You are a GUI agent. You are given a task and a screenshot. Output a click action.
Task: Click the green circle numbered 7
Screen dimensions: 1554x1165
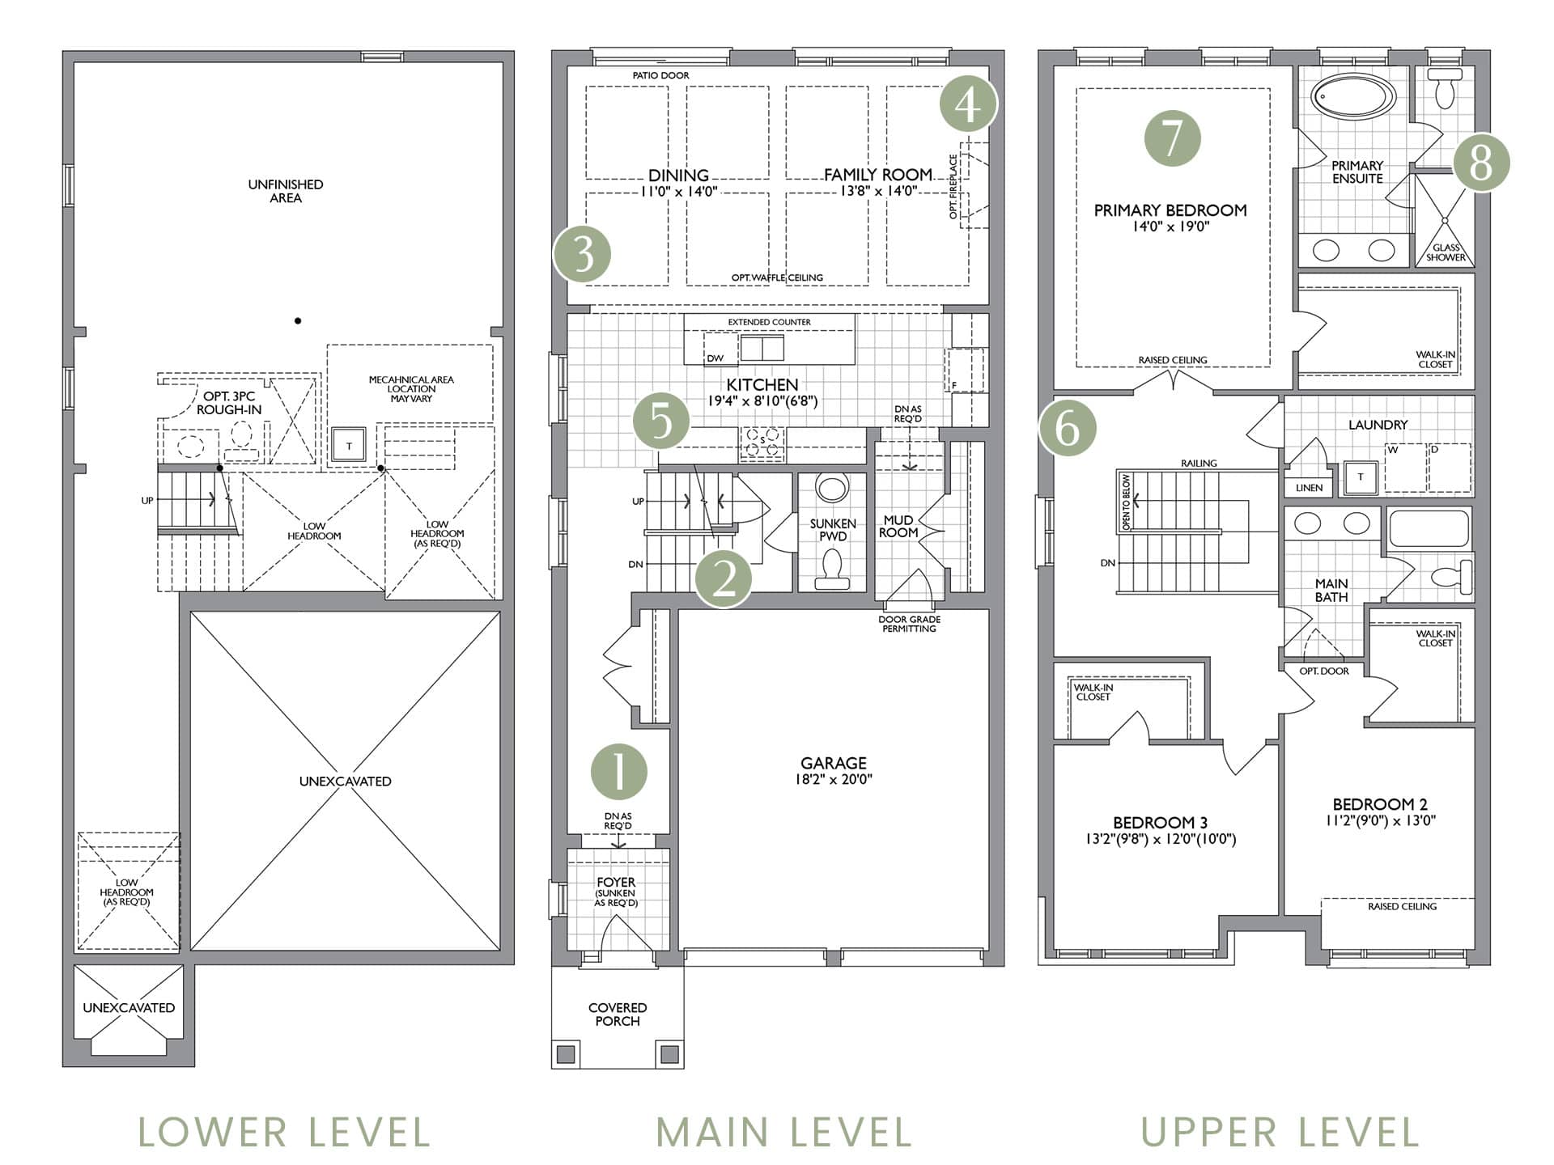pyautogui.click(x=1172, y=138)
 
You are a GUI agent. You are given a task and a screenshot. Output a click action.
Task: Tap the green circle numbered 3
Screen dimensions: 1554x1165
pyautogui.click(x=582, y=255)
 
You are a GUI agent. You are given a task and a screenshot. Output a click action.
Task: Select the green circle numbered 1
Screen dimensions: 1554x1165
pyautogui.click(x=619, y=772)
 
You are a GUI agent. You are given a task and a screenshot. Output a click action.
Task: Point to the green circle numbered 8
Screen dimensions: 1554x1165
pyautogui.click(x=1481, y=163)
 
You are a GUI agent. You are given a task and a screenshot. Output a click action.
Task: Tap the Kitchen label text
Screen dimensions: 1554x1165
pyautogui.click(x=762, y=385)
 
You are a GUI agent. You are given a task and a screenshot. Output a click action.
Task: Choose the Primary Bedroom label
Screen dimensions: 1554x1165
pyautogui.click(x=1170, y=210)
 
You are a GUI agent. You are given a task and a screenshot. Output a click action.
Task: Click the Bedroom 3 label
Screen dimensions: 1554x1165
pyautogui.click(x=1161, y=823)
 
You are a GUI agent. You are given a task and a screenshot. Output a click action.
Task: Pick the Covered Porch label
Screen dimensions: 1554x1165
pyautogui.click(x=618, y=1015)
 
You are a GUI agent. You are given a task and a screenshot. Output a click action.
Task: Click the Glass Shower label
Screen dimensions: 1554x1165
pyautogui.click(x=1446, y=252)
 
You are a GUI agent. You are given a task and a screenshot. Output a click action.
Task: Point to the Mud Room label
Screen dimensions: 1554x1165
pyautogui.click(x=898, y=527)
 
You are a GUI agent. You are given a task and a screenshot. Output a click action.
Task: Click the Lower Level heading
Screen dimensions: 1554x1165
pyautogui.click(x=284, y=1132)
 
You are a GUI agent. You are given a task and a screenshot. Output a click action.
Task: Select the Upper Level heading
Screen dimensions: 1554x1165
pyautogui.click(x=1280, y=1132)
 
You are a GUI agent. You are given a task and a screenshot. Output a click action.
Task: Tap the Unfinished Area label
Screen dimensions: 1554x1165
pyautogui.click(x=286, y=191)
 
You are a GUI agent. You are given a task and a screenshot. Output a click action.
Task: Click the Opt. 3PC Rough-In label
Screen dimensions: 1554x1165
pyautogui.click(x=229, y=403)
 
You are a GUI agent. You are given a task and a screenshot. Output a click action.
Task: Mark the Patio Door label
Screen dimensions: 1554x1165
pyautogui.click(x=661, y=75)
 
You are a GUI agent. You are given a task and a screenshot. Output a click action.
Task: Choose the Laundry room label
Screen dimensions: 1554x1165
pyautogui.click(x=1378, y=425)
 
